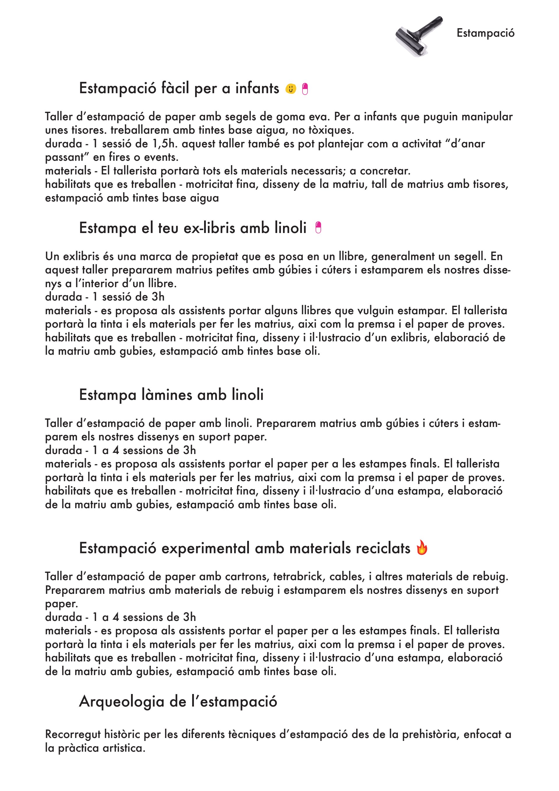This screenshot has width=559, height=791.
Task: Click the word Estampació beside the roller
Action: [x=485, y=33]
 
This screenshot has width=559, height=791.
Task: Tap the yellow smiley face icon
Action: [x=291, y=89]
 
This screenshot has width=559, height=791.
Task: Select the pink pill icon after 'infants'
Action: [x=305, y=89]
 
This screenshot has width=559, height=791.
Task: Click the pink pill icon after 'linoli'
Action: [x=318, y=228]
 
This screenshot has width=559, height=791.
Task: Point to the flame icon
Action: [x=422, y=548]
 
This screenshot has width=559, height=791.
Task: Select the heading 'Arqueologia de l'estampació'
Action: [x=178, y=701]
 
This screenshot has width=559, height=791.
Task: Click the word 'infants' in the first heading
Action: [x=257, y=88]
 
